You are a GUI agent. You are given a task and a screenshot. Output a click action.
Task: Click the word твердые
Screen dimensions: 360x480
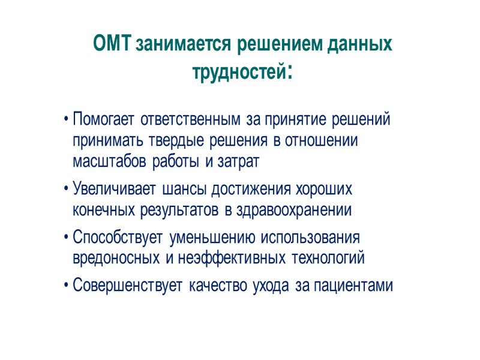(x=179, y=141)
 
